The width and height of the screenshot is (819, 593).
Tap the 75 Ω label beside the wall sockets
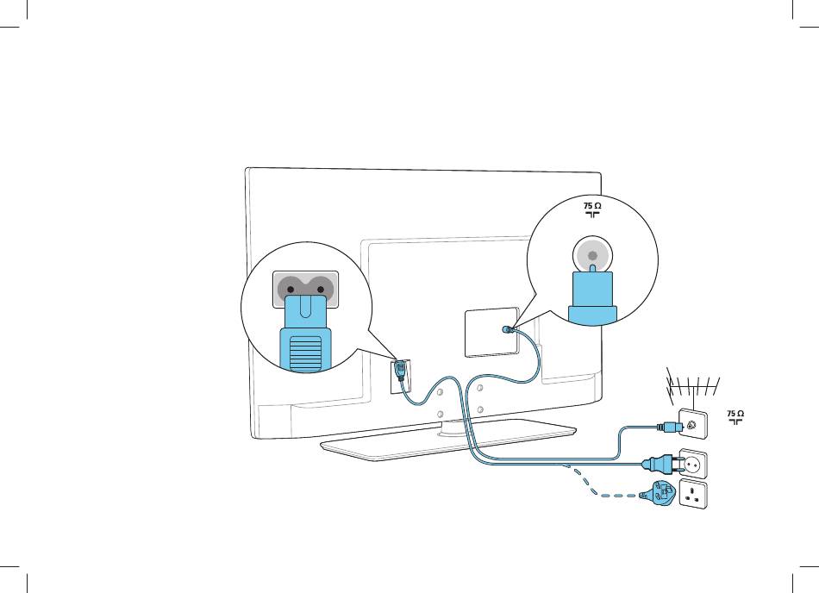pos(735,414)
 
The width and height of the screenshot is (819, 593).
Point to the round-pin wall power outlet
pos(694,464)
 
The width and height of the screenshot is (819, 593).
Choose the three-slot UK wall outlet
pos(694,496)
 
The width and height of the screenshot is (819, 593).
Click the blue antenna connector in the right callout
pos(592,297)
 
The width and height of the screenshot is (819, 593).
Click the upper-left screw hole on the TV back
pos(439,392)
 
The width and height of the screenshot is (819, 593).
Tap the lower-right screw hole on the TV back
pos(479,409)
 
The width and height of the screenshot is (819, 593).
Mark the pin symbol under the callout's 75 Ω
pos(591,215)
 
